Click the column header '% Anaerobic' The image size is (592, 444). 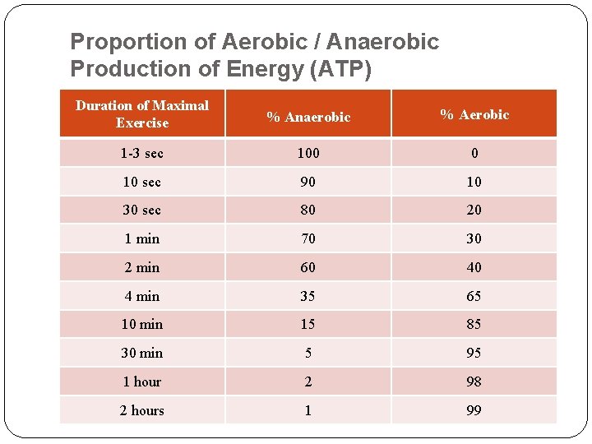tap(308, 117)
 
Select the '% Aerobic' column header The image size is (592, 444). tap(474, 114)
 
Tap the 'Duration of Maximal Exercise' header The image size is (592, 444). tap(142, 114)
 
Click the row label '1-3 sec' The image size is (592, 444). tap(142, 153)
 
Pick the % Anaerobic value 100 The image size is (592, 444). tap(308, 153)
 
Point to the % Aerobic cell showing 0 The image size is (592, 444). tap(474, 153)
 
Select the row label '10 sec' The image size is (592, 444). tap(142, 182)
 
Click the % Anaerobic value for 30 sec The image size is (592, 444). tap(308, 210)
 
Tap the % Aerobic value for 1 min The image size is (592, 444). tap(474, 238)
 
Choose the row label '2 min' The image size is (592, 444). tap(142, 267)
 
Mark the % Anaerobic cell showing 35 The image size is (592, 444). tap(308, 296)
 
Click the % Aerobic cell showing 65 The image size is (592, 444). tap(474, 296)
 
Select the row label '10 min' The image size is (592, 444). tap(142, 324)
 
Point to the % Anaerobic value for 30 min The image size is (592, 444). tap(308, 353)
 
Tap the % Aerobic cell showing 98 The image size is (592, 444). tap(474, 382)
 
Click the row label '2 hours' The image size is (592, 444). tap(142, 410)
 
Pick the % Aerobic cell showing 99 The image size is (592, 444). tap(474, 410)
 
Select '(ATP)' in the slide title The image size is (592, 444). tap(339, 70)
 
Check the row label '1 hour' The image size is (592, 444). tap(142, 382)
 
